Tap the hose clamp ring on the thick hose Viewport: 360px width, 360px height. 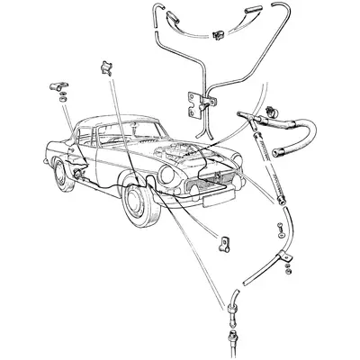[270, 115]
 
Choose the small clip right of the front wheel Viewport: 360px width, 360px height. [221, 243]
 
